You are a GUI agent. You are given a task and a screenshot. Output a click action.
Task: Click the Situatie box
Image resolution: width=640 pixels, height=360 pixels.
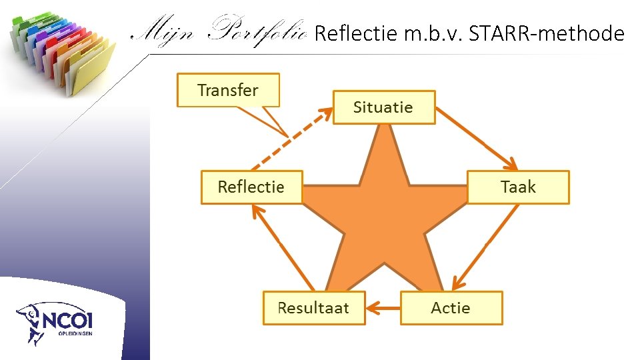(x=383, y=107)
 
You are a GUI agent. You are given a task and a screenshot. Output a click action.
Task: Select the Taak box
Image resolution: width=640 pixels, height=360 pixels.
(x=518, y=187)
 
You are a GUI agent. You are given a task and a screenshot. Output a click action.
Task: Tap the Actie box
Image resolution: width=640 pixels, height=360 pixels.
(x=451, y=308)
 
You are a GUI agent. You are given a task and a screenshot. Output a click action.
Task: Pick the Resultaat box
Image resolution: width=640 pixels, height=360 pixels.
(x=314, y=308)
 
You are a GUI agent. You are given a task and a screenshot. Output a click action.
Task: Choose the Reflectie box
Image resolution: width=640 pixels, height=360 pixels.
(x=251, y=187)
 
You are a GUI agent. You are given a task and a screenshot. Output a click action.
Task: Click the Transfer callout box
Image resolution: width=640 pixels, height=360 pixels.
(x=228, y=91)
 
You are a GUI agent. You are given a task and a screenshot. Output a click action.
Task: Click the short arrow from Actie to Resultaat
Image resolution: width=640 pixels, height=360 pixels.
(x=383, y=308)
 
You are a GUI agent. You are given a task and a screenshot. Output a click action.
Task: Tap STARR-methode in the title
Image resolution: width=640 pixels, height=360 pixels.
(x=547, y=33)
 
